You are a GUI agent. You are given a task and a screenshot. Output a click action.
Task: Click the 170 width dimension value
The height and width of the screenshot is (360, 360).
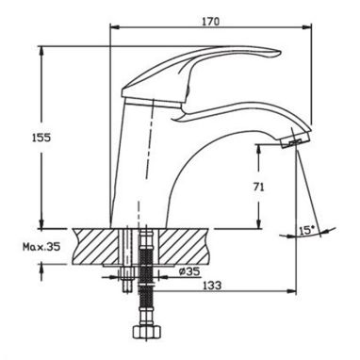(210, 22)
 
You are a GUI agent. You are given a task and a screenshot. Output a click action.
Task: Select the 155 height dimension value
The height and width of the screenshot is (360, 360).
(41, 138)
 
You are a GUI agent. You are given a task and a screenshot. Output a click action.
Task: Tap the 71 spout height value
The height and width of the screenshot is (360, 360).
(258, 187)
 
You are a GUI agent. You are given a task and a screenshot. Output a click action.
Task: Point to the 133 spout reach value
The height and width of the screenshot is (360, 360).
(212, 286)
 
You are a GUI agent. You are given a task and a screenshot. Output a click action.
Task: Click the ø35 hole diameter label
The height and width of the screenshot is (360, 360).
(189, 271)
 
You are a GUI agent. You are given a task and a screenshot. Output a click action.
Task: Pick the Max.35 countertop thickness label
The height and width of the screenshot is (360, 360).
(41, 247)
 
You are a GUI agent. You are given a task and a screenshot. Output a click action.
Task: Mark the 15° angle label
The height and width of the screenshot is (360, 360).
(306, 231)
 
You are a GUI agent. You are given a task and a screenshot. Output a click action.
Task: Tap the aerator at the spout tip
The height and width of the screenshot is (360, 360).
(295, 141)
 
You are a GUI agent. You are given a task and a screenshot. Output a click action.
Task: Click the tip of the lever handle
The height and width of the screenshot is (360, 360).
(279, 53)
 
